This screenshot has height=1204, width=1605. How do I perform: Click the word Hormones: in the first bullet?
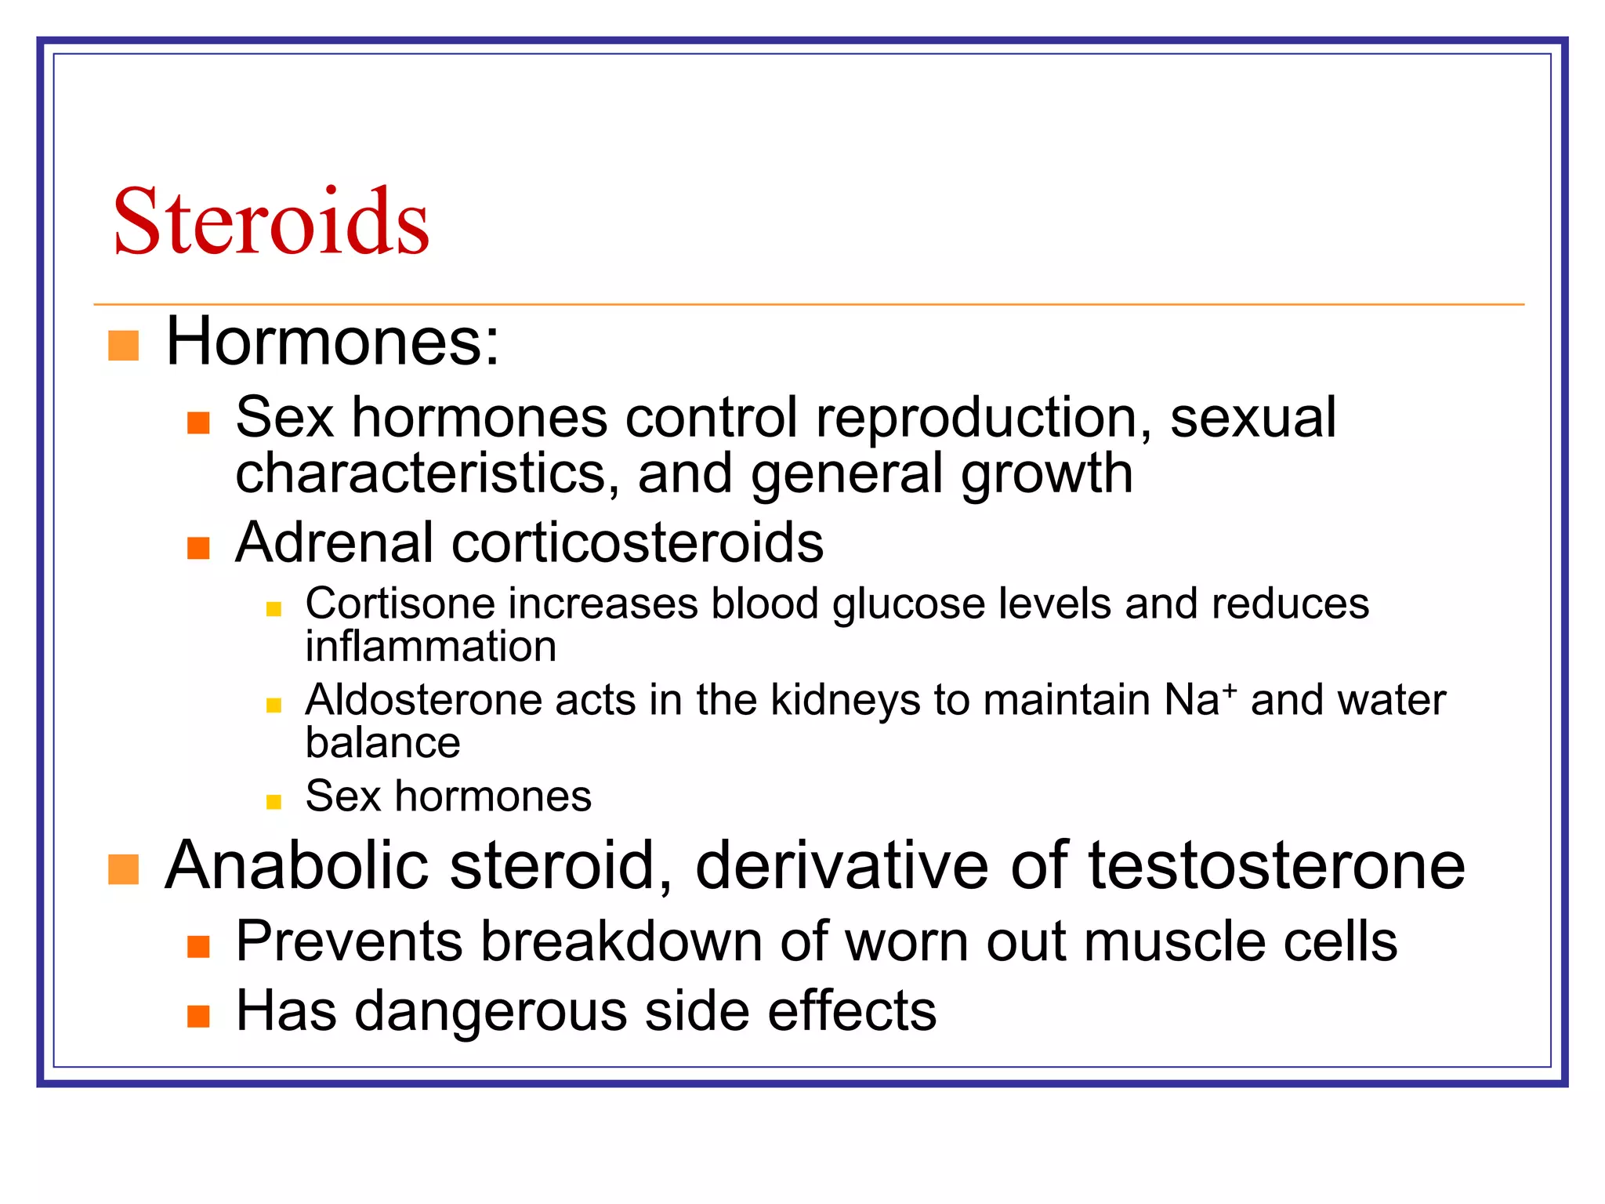(332, 342)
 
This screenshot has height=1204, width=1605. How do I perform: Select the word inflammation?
(431, 647)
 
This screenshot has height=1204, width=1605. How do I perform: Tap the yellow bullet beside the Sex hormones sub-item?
(274, 801)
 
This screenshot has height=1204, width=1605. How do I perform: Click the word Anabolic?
(298, 866)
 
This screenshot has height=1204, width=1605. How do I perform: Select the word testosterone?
(1277, 866)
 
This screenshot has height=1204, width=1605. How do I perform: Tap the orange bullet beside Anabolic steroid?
(123, 869)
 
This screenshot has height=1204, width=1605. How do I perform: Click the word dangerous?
(491, 1011)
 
